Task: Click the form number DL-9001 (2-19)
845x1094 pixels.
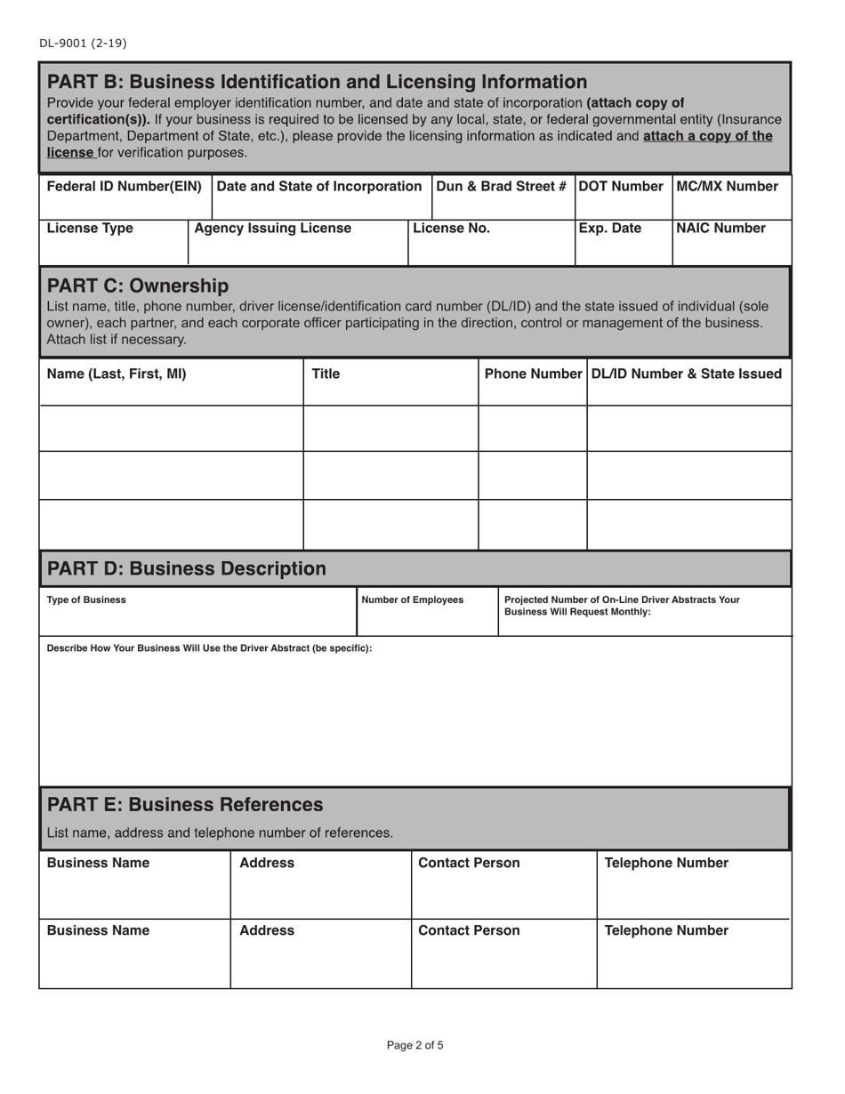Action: tap(76, 43)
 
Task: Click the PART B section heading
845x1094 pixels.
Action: tap(317, 82)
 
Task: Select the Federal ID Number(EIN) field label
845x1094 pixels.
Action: tap(124, 187)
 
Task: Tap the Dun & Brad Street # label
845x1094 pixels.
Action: tap(502, 187)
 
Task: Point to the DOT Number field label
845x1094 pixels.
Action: tap(622, 187)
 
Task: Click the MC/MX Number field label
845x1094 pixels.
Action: tap(728, 187)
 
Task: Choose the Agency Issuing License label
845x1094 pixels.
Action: tap(272, 229)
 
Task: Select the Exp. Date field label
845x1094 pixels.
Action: tap(610, 229)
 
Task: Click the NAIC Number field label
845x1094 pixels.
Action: tap(721, 229)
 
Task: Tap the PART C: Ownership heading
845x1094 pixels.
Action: tap(137, 286)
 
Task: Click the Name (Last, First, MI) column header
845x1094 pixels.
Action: tap(117, 374)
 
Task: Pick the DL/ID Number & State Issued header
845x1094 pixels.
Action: tap(687, 374)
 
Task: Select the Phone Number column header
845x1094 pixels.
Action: tap(533, 374)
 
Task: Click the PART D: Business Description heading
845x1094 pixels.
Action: tap(186, 568)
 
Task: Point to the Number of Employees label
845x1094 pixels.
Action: tap(412, 600)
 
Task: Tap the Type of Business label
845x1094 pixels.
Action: tap(86, 600)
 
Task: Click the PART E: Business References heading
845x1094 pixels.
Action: tap(184, 805)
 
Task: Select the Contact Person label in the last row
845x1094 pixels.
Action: tap(469, 931)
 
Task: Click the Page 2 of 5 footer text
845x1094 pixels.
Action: tap(414, 1045)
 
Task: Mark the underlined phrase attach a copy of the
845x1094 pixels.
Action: tap(707, 136)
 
